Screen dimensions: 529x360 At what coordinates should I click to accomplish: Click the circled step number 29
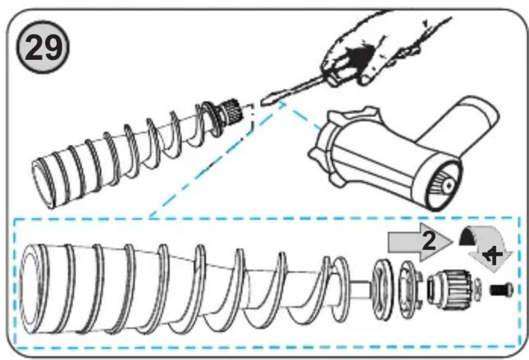[43, 48]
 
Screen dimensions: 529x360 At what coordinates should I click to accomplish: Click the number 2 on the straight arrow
[428, 241]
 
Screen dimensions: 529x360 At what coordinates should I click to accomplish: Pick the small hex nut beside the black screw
[478, 289]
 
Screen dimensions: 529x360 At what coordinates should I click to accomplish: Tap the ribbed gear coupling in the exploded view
[449, 289]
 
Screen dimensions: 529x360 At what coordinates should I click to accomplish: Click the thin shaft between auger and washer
[360, 289]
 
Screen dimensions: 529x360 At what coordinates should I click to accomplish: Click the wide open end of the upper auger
[42, 184]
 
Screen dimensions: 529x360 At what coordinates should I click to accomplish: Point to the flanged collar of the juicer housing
[329, 145]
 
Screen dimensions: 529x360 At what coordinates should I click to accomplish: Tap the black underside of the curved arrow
[468, 237]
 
